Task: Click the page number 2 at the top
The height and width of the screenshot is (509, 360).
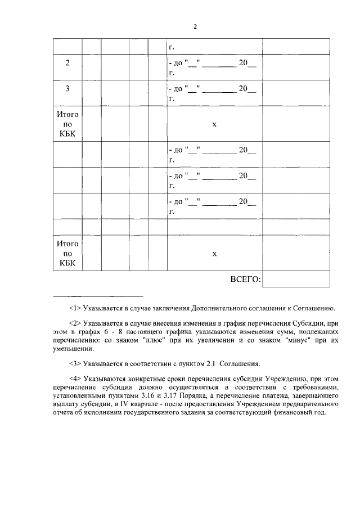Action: click(x=195, y=26)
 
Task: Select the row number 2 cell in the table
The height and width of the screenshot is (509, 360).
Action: click(x=67, y=63)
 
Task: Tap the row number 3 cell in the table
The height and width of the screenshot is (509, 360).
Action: click(x=67, y=88)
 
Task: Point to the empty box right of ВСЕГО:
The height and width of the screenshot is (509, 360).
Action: click(x=296, y=279)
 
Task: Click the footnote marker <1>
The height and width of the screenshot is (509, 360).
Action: click(x=75, y=308)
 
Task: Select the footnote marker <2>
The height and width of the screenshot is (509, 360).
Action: click(x=75, y=324)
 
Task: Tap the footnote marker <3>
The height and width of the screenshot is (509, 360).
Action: click(x=75, y=363)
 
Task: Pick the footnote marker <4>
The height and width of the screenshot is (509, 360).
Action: click(x=75, y=379)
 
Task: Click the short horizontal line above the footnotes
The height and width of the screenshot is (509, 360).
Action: click(x=98, y=296)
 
